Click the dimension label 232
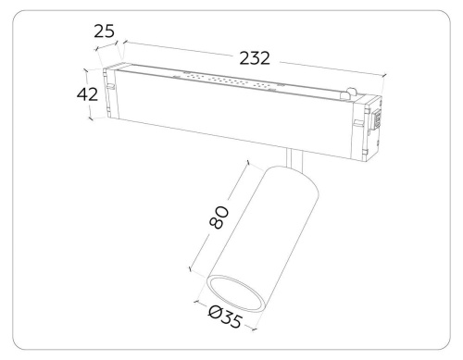point(252,58)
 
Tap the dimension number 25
point(105,32)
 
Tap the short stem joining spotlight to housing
point(294,158)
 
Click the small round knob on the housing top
point(351,93)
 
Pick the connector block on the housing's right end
point(375,125)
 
